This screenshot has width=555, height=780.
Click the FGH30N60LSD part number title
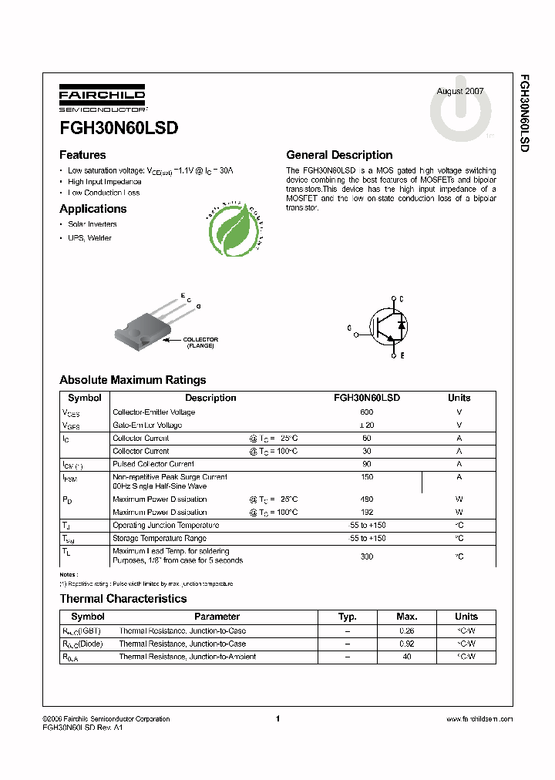click(x=119, y=129)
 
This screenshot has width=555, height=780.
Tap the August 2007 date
click(x=460, y=91)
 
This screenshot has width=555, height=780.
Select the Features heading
click(x=82, y=155)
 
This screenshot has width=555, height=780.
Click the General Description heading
click(x=339, y=155)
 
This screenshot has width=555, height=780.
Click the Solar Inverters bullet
click(x=92, y=224)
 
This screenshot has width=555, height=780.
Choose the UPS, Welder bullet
click(x=89, y=238)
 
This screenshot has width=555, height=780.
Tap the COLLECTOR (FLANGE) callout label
click(x=200, y=342)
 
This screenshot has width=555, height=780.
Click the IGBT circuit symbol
click(x=385, y=327)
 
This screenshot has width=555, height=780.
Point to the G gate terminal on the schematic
click(x=349, y=328)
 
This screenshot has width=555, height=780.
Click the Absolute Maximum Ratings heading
click(x=133, y=380)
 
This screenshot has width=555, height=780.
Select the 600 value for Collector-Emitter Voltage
click(x=366, y=412)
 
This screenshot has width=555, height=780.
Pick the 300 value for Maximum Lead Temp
click(x=366, y=556)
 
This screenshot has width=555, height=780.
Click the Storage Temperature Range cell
click(x=160, y=538)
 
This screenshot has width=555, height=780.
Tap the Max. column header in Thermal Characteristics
click(x=406, y=617)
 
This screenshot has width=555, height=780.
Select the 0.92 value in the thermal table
click(x=406, y=644)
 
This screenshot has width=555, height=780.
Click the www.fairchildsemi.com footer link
click(x=479, y=719)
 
